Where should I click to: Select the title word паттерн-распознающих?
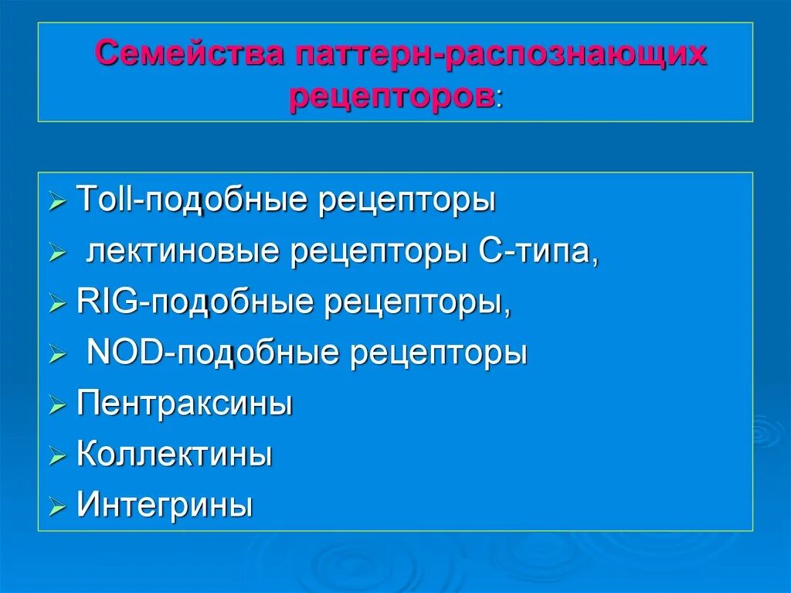pos(499,55)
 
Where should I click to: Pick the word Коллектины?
pos(175,455)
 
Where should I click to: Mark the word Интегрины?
pos(165,506)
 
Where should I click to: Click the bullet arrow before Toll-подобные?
pos(58,204)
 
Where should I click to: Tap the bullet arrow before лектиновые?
pos(58,254)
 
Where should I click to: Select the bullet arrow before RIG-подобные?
pos(58,305)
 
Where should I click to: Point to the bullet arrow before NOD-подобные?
pos(58,356)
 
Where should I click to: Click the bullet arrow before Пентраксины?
pos(58,406)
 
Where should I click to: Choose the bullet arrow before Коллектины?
pos(58,457)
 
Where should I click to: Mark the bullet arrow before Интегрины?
pos(58,508)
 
